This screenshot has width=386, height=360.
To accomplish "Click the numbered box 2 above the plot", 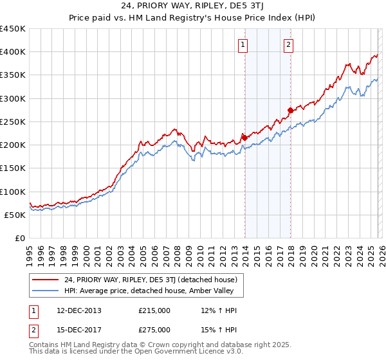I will [x=288, y=44].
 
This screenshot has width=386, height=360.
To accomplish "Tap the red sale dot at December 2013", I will [x=244, y=138].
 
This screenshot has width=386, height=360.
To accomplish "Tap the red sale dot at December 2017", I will [x=290, y=110].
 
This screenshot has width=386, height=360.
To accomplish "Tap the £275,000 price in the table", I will [x=154, y=330].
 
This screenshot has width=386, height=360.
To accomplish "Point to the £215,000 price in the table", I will [x=154, y=310].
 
